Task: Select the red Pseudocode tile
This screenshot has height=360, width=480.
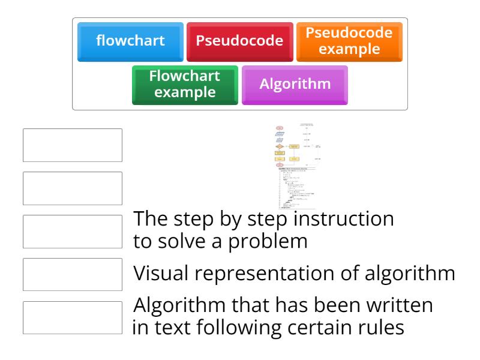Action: (239, 41)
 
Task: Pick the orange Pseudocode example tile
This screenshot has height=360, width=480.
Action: (349, 41)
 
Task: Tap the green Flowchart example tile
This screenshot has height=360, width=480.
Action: (185, 85)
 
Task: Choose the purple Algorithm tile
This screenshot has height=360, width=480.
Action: (295, 85)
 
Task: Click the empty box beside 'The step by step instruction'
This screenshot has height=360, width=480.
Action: (73, 232)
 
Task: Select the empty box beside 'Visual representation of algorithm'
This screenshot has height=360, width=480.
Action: (73, 275)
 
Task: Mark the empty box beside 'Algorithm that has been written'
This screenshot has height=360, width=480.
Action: (73, 317)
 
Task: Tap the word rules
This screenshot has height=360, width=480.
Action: (380, 328)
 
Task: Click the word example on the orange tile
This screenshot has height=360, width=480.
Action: (349, 49)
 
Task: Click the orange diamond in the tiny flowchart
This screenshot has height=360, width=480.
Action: (280, 146)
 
